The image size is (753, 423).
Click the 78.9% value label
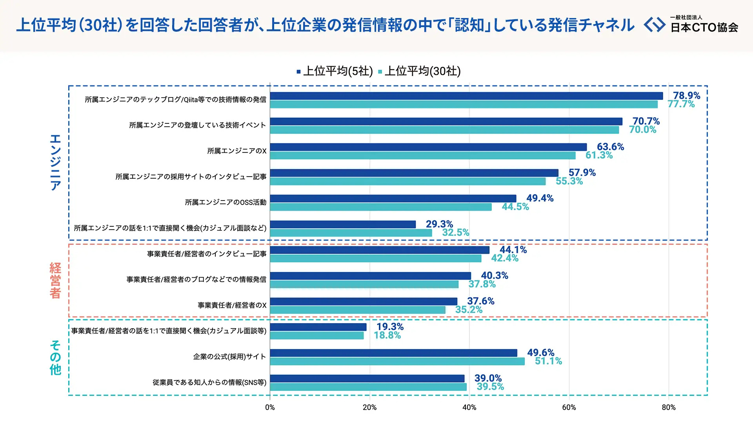tap(686, 96)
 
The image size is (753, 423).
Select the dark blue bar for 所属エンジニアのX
tap(428, 147)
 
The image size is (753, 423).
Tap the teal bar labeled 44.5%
tap(380, 207)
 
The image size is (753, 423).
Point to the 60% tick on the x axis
tap(569, 408)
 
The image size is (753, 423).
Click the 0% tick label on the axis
tap(270, 408)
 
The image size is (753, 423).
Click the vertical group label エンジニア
tap(55, 162)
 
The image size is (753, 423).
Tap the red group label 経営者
tap(55, 280)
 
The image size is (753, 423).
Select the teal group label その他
tap(55, 358)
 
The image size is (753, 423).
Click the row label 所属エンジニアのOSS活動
tap(226, 202)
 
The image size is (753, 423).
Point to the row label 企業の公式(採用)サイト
tap(229, 357)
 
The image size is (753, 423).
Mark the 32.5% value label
tap(456, 233)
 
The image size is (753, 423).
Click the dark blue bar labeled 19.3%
tap(318, 327)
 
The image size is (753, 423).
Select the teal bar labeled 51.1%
tap(397, 362)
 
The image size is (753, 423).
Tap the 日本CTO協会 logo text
tap(704, 27)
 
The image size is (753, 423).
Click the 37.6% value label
tap(480, 301)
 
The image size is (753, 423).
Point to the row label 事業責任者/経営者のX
tap(232, 305)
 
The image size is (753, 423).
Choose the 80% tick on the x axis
tap(668, 408)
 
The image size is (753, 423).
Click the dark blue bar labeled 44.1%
tap(379, 250)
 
